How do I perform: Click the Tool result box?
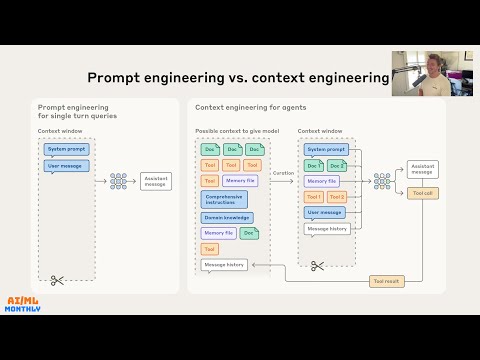[x=386, y=282]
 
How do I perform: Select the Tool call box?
[x=422, y=192]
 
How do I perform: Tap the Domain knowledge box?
[x=226, y=217]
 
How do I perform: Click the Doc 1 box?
[x=313, y=165]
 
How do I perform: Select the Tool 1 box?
[x=313, y=197]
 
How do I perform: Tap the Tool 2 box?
[x=336, y=197]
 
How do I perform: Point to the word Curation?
[x=283, y=173]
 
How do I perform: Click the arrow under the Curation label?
[x=283, y=181]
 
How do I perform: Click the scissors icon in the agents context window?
[x=317, y=266]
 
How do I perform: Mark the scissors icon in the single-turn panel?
[x=57, y=281]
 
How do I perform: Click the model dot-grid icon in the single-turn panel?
[x=118, y=181]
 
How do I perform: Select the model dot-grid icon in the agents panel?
[x=381, y=181]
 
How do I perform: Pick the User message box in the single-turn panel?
[x=67, y=166]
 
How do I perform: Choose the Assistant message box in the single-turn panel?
[x=156, y=181]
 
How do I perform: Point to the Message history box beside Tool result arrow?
[x=224, y=265]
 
